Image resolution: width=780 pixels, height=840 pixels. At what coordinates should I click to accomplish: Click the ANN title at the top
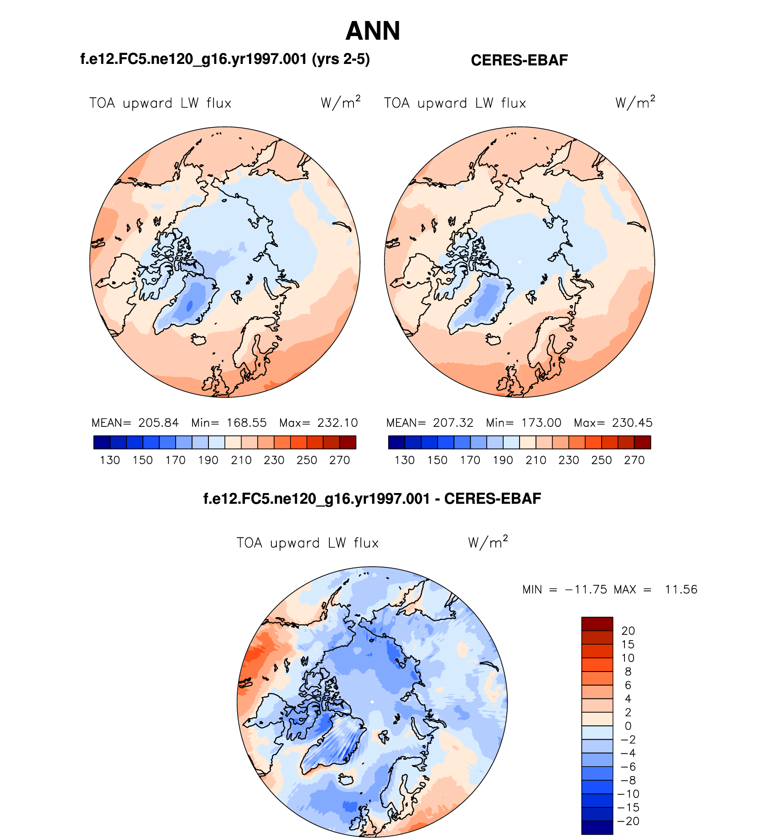[373, 31]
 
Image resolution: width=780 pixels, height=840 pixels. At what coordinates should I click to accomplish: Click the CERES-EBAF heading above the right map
[519, 60]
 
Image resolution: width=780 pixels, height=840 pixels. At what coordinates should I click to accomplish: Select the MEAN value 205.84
[158, 423]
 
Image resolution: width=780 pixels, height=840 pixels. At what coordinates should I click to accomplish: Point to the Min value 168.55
[246, 423]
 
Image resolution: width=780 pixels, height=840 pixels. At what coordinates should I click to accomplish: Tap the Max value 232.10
[338, 423]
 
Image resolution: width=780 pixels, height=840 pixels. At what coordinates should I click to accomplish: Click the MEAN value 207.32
[453, 423]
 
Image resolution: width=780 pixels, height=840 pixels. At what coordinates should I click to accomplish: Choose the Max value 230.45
[632, 423]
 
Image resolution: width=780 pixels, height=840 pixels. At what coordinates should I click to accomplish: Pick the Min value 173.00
[541, 423]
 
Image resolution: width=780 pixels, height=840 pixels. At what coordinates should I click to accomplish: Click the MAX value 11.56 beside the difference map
[681, 589]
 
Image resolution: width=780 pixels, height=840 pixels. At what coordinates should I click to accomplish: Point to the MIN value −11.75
[586, 589]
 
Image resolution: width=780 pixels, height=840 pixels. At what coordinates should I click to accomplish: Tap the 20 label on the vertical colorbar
[628, 631]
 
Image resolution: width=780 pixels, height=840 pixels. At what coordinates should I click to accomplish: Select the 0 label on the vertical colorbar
[628, 726]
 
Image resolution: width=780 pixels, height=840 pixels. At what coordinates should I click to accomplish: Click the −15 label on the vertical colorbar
[628, 808]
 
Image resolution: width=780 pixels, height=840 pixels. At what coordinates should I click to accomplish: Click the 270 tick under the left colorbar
[339, 460]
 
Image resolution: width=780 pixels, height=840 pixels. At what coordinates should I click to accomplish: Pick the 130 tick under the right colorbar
[405, 460]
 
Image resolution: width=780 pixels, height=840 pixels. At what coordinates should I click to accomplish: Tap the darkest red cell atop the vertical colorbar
[597, 624]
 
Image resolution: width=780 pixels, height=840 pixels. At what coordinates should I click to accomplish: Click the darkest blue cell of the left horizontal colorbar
[102, 442]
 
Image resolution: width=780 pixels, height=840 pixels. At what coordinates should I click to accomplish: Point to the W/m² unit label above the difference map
[488, 542]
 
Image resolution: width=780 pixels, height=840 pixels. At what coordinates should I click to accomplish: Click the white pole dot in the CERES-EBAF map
[520, 262]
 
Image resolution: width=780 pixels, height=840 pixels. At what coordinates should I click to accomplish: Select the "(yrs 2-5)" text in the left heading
[341, 59]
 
